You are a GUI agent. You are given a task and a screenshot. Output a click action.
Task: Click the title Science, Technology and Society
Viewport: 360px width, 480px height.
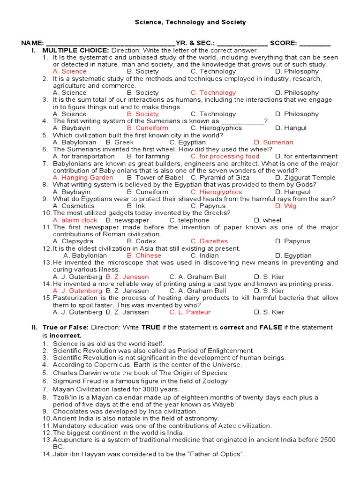pyautogui.click(x=190, y=22)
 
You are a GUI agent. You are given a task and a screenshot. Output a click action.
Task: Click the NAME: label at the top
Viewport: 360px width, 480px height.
pyautogui.click(x=33, y=43)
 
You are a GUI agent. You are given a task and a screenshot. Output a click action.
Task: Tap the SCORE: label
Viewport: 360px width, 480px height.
pyautogui.click(x=283, y=43)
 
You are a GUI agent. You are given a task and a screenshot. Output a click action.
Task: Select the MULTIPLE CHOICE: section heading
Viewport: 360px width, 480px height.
pyautogui.click(x=76, y=50)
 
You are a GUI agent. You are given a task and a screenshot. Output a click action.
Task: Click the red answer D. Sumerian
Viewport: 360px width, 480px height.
pyautogui.click(x=273, y=142)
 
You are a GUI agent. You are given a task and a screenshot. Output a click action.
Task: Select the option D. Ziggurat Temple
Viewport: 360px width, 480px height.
pyautogui.click(x=305, y=178)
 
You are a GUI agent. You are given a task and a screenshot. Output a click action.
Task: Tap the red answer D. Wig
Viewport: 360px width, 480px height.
pyautogui.click(x=285, y=206)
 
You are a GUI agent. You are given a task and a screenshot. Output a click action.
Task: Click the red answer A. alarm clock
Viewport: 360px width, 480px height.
pyautogui.click(x=75, y=220)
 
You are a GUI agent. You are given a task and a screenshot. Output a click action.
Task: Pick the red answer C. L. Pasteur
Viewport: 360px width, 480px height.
pyautogui.click(x=190, y=312)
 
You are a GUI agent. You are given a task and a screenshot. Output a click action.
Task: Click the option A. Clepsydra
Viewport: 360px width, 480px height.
pyautogui.click(x=73, y=241)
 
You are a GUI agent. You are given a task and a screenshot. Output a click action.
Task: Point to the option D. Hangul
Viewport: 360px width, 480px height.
pyautogui.click(x=291, y=128)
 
